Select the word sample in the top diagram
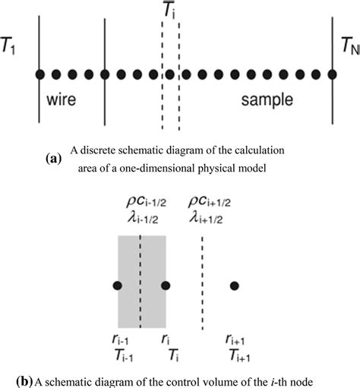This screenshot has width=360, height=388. tap(267, 99)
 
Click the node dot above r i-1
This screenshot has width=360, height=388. tap(117, 285)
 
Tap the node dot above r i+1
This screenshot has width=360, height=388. tap(235, 285)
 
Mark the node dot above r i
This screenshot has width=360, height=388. tap(166, 285)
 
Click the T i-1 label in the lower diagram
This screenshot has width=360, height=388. tap(122, 355)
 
